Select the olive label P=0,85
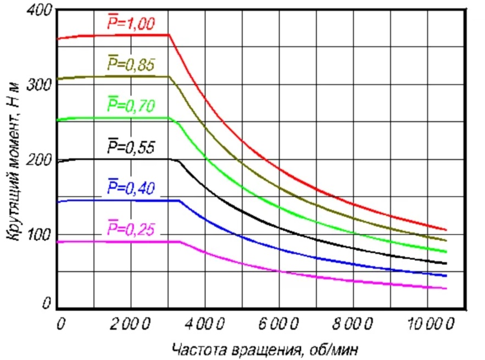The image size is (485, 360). point(131,65)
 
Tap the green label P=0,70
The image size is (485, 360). point(131,105)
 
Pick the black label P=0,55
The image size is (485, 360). point(131,147)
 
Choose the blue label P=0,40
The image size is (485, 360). point(131,189)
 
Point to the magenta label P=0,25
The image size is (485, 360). point(131,229)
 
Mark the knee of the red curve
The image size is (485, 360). point(169,35)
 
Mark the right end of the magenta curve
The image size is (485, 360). point(446,289)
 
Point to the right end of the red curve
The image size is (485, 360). point(446,230)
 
